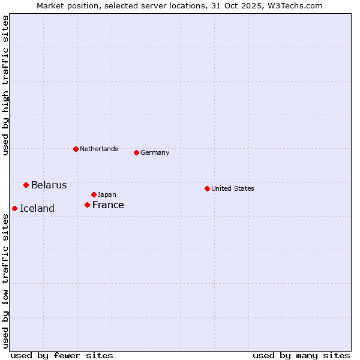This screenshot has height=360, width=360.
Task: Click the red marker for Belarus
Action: tap(26, 185)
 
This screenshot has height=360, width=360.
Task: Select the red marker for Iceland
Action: tap(15, 208)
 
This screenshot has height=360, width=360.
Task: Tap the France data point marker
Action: tap(88, 205)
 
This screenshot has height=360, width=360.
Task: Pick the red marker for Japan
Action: tap(94, 194)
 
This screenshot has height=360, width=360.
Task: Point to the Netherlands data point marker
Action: tap(76, 149)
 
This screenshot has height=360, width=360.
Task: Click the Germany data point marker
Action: tap(137, 152)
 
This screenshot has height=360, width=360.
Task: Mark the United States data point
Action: tap(208, 188)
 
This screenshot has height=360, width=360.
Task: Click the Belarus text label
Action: tap(49, 185)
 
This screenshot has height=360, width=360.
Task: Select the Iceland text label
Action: tap(37, 209)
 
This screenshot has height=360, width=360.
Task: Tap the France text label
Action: tap(108, 205)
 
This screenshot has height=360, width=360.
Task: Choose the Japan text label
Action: tap(107, 195)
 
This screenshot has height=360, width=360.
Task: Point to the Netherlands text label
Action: tap(99, 149)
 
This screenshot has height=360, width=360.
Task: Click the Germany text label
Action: tap(155, 153)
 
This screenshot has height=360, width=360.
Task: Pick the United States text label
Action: tap(233, 189)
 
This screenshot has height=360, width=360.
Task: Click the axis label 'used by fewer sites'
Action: tap(62, 355)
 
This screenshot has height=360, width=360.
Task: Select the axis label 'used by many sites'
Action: tap(301, 355)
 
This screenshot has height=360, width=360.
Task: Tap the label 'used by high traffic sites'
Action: tap(5, 85)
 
